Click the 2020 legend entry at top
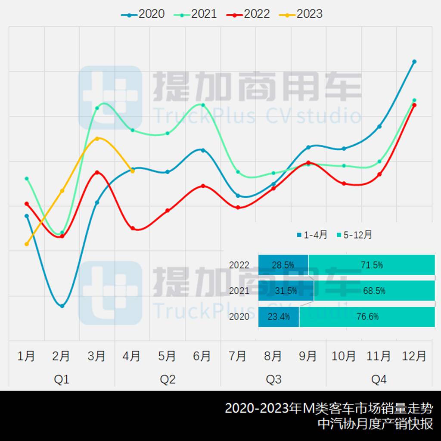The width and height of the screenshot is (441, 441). click(x=143, y=14)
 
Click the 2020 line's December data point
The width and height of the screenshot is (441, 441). click(x=414, y=62)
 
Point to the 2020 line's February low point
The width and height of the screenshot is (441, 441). click(x=62, y=306)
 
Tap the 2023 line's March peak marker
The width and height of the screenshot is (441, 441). click(x=97, y=138)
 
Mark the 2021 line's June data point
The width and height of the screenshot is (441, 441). click(x=203, y=105)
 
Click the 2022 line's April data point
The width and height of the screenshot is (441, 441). click(x=133, y=228)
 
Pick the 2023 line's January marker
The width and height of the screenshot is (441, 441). click(x=27, y=244)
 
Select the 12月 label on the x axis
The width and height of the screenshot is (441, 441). click(x=414, y=356)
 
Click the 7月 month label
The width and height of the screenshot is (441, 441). click(x=238, y=356)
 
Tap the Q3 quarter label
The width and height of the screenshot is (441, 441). click(x=273, y=379)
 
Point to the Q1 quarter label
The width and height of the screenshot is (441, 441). click(x=62, y=379)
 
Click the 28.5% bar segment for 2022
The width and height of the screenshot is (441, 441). click(x=283, y=265)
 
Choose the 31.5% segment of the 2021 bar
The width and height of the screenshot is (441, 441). click(x=286, y=291)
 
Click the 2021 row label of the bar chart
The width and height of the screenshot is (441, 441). click(x=239, y=291)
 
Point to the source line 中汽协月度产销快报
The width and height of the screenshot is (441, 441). click(x=375, y=424)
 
